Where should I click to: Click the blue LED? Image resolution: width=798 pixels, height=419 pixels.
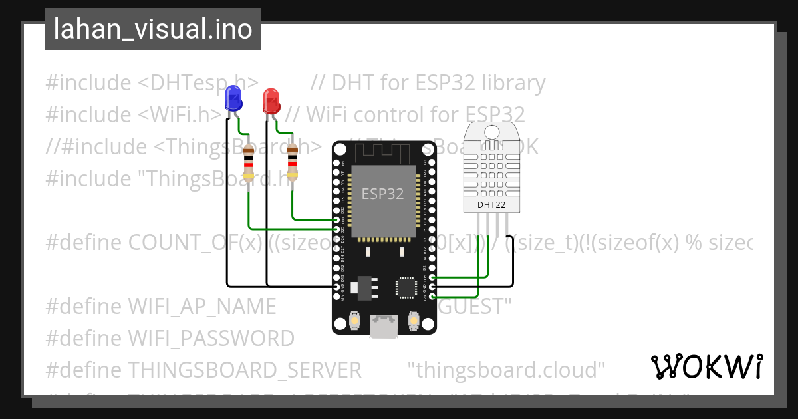click(233, 98)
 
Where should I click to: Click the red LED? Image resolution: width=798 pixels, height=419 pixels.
click(271, 101)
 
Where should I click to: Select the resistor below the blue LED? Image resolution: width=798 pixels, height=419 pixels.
click(248, 164)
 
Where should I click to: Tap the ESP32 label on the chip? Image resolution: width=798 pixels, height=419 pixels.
click(382, 194)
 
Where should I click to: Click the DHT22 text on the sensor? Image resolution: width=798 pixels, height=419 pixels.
click(492, 205)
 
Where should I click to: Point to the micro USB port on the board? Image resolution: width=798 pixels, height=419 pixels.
click(384, 325)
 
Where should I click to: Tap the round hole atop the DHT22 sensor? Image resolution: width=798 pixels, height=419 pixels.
click(492, 131)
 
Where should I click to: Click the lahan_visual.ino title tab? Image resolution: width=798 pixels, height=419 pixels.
click(153, 30)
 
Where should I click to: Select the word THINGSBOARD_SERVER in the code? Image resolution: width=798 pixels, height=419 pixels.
click(244, 370)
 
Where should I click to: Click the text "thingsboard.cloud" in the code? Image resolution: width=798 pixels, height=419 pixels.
click(506, 370)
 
